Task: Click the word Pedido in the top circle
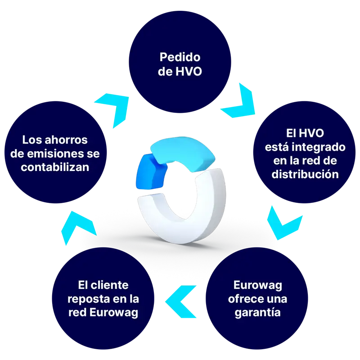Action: click(180, 58)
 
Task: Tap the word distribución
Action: click(305, 174)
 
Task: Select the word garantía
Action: click(258, 312)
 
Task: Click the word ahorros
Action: click(68, 140)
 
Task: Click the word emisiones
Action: click(54, 154)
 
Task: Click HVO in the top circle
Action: click(189, 72)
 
